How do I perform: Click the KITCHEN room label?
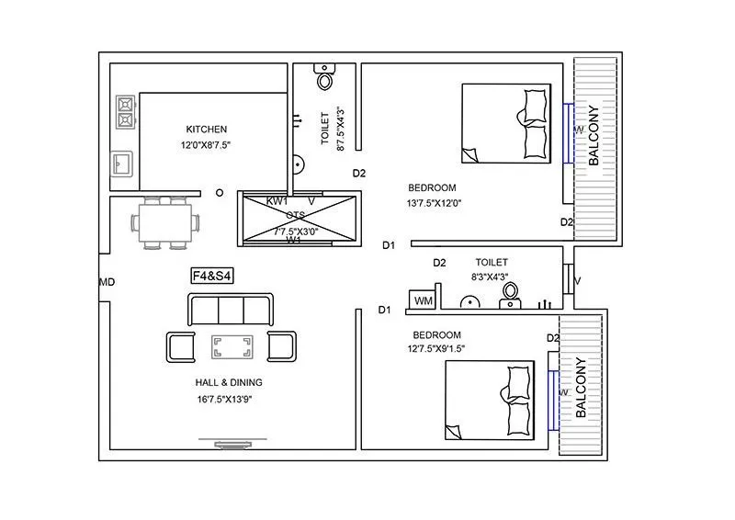point(206,130)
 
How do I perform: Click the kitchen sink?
point(121,164)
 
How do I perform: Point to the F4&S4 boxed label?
point(210,275)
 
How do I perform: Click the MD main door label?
point(107,282)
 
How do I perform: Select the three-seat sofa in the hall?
point(231,310)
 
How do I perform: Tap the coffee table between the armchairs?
point(232,346)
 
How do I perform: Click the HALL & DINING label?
point(229,383)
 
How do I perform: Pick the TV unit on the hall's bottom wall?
point(231,445)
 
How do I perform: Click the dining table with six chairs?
point(165,222)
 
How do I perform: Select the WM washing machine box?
point(423,300)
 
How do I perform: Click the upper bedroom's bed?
point(506,123)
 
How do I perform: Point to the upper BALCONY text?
point(594,135)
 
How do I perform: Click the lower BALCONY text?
point(582,388)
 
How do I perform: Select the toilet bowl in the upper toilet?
point(325,78)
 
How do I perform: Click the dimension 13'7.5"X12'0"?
point(434,203)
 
